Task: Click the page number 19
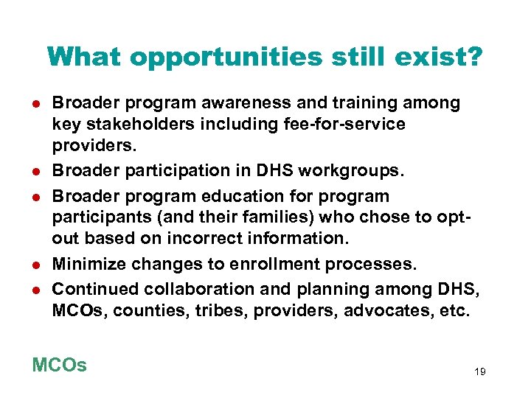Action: click(479, 372)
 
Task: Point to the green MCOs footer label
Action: click(60, 365)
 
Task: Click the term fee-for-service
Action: click(349, 124)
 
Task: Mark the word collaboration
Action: click(184, 290)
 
